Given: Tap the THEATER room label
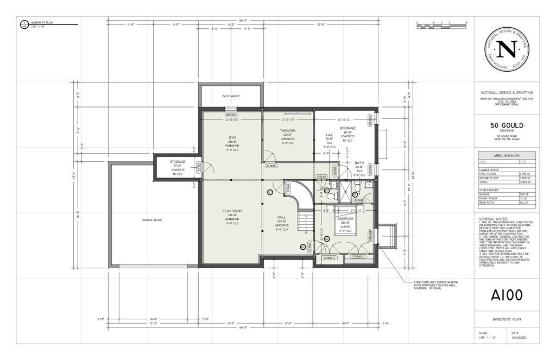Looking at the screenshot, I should click(x=288, y=131).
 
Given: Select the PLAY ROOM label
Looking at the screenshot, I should click(x=231, y=210).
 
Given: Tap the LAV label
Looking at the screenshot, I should click(x=328, y=134).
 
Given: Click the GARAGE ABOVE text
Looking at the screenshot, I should click(x=152, y=220).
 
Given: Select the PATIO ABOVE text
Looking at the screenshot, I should click(x=231, y=96).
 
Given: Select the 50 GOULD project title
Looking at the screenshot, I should click(x=507, y=125).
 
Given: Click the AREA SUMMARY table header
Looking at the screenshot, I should click(x=507, y=155).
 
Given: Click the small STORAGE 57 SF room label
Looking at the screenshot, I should click(x=178, y=162).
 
